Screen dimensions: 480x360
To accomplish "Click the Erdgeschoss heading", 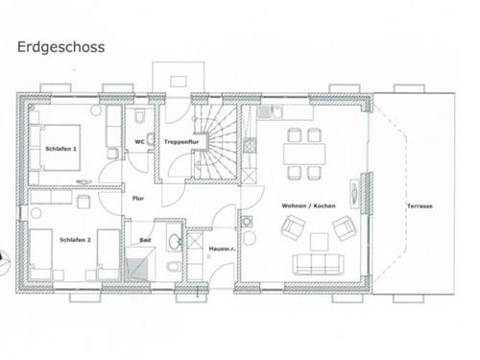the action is click(x=60, y=47).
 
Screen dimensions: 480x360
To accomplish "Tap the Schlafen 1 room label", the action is click(x=60, y=149).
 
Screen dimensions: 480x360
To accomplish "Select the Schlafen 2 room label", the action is click(x=75, y=240).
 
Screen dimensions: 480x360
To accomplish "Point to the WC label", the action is click(x=139, y=141).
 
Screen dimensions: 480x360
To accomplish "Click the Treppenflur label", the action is click(x=181, y=141).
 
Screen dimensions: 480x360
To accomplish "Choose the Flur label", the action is click(x=138, y=199).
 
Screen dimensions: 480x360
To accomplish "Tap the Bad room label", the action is click(x=145, y=240).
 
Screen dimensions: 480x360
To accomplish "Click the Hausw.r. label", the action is click(x=222, y=249).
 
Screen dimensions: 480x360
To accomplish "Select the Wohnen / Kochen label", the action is click(x=308, y=205).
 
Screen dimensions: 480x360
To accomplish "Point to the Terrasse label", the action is click(x=420, y=206).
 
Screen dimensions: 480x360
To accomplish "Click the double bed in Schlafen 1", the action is click(x=55, y=148).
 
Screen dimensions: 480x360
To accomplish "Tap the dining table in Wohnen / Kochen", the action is click(x=304, y=154).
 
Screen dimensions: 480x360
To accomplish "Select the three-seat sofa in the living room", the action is click(x=318, y=264).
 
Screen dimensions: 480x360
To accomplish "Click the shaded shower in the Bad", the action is click(x=137, y=264).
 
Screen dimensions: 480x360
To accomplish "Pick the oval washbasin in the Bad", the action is click(x=175, y=241).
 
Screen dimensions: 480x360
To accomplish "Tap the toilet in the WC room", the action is click(x=139, y=116).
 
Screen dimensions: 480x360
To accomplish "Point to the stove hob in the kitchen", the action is click(x=249, y=146).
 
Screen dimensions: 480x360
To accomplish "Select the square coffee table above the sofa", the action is click(x=320, y=242).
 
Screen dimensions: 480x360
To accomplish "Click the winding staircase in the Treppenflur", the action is click(x=216, y=142).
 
